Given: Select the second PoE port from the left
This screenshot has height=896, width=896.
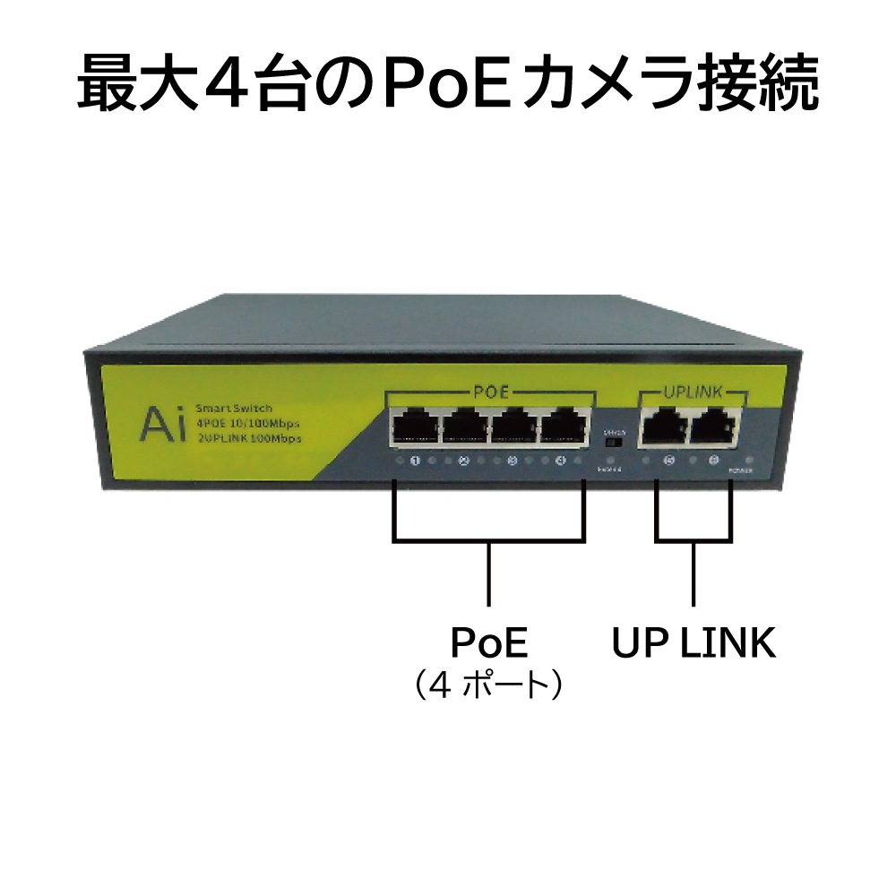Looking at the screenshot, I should tap(463, 427).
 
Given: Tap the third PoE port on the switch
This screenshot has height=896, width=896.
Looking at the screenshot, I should tap(513, 427).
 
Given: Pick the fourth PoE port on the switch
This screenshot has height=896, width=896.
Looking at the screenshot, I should tap(563, 427).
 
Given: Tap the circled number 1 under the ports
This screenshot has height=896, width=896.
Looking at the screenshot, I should tap(415, 462).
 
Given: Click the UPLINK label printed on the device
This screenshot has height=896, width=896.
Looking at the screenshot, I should tap(691, 392).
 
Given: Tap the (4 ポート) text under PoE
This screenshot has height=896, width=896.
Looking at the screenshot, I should tap(488, 686).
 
